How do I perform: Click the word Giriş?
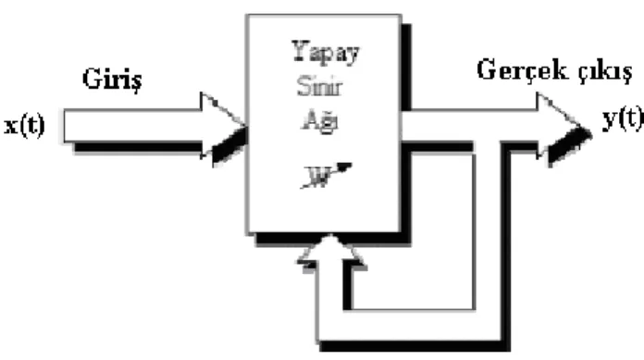pyautogui.click(x=113, y=79)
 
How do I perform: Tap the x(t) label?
pyautogui.click(x=24, y=126)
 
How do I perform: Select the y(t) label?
pyautogui.click(x=623, y=119)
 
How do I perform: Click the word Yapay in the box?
pyautogui.click(x=326, y=53)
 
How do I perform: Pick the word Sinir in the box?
pyautogui.click(x=319, y=86)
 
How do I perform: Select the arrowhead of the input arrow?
pyautogui.click(x=224, y=129)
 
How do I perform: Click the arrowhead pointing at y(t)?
pyautogui.click(x=563, y=129)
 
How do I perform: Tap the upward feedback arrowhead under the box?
pyautogui.click(x=331, y=252)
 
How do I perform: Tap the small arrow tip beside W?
pyautogui.click(x=345, y=167)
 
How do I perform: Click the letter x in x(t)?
pyautogui.click(x=11, y=127)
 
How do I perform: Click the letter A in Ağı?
pyautogui.click(x=310, y=119)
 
